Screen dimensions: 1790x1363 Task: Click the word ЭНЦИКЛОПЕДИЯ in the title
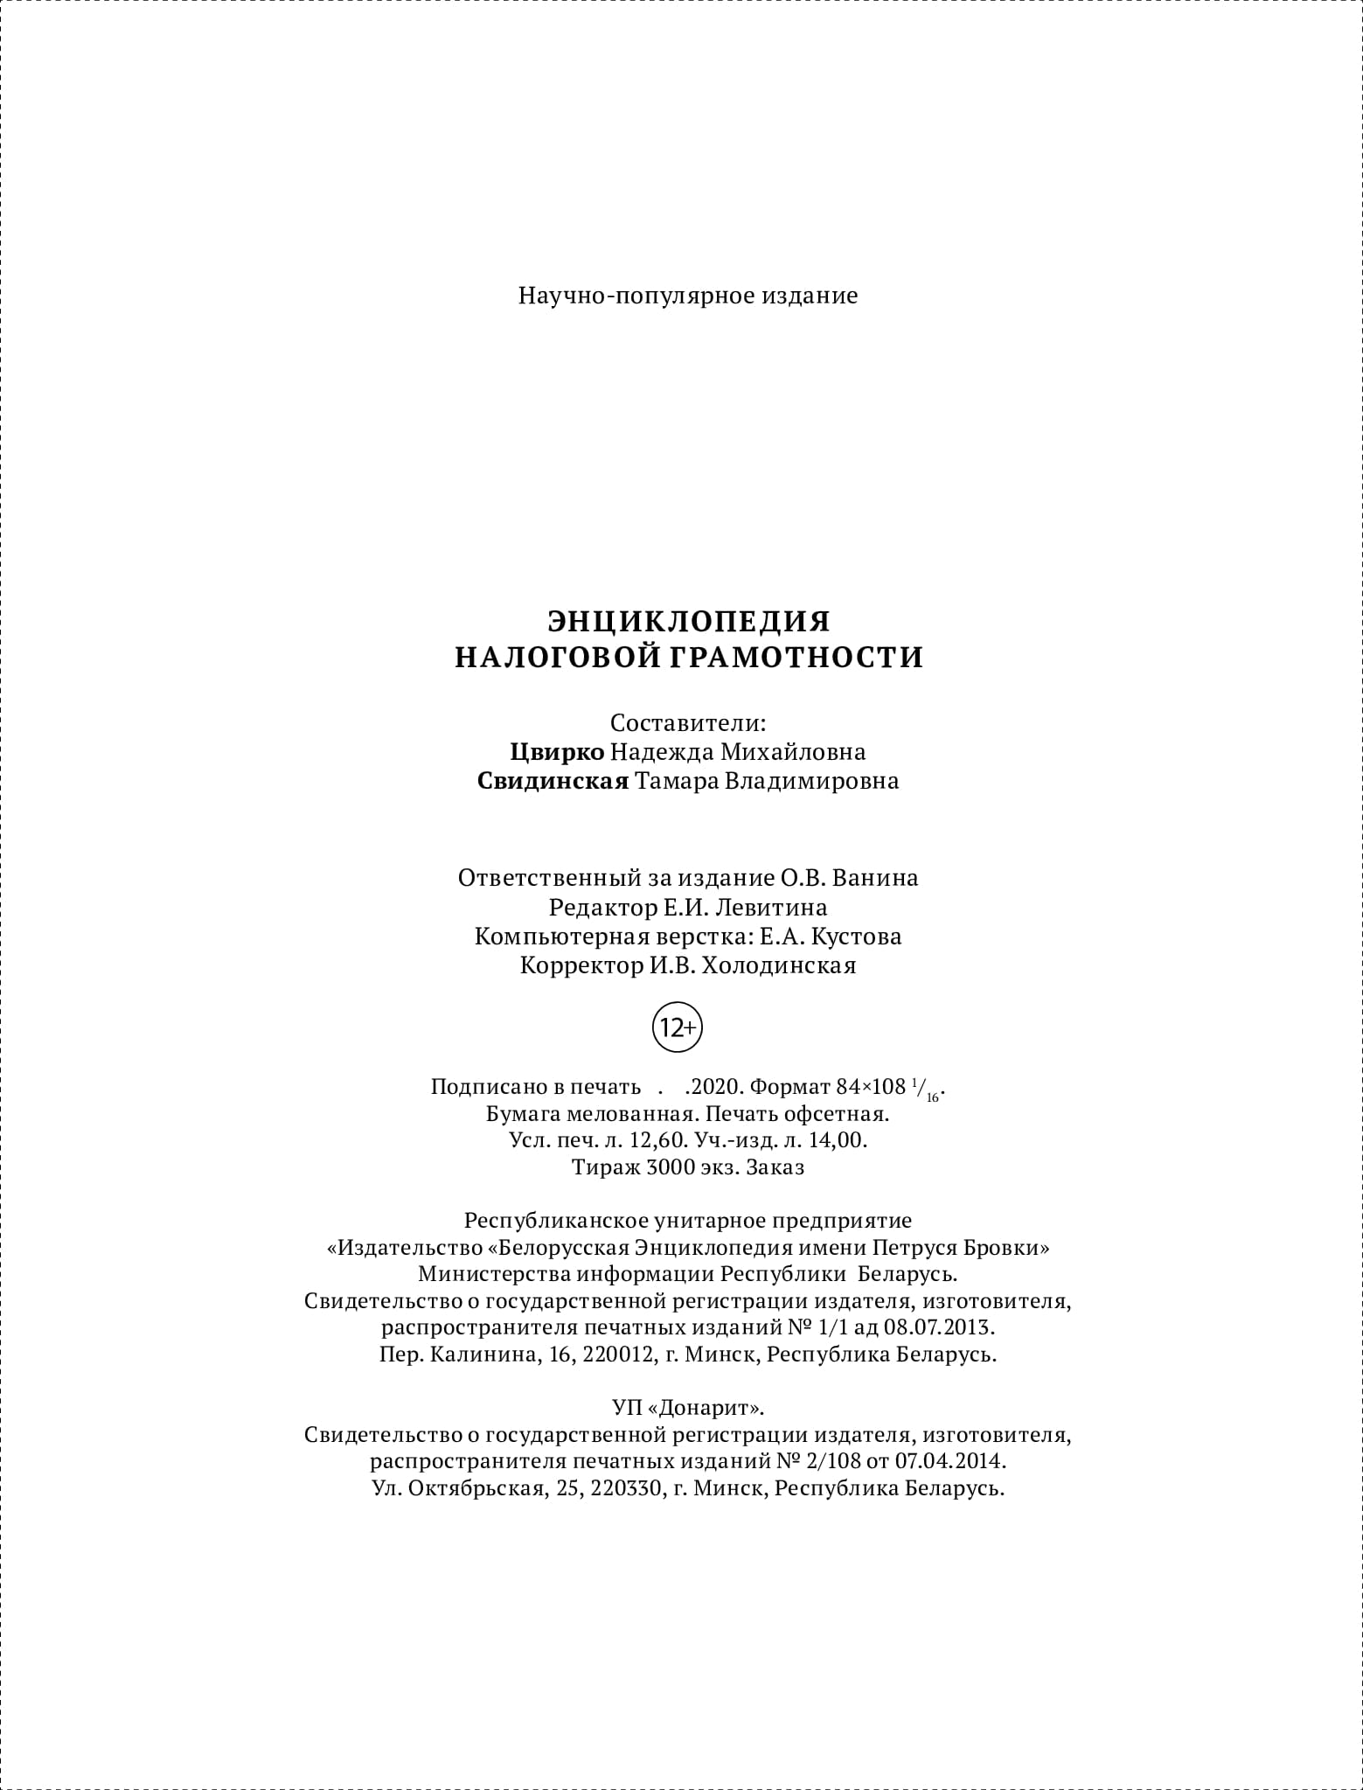point(689,621)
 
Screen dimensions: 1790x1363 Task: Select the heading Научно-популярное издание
point(688,296)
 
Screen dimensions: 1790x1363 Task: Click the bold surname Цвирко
point(557,752)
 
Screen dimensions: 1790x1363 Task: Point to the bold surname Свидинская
point(553,781)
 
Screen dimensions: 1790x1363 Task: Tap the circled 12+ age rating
point(678,1028)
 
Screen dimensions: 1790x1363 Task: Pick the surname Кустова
point(856,937)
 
